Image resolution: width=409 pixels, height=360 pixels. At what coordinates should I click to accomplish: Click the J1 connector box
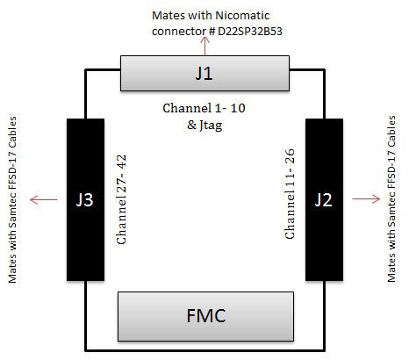tap(204, 73)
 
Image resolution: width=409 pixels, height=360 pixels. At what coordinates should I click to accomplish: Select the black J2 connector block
tap(324, 200)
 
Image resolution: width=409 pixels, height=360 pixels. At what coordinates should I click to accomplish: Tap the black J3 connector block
tap(85, 200)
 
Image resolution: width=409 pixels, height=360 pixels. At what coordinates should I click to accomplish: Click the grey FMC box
tap(205, 316)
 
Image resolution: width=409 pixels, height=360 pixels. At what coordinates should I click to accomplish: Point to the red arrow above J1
tap(205, 47)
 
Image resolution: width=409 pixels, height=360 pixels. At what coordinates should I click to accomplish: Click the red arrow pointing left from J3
tap(44, 200)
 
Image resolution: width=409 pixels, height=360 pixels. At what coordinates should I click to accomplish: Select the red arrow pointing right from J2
tap(366, 199)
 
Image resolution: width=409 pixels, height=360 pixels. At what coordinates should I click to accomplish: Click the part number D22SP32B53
tap(250, 32)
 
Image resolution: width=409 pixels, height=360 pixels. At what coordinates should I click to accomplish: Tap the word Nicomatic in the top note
tap(242, 16)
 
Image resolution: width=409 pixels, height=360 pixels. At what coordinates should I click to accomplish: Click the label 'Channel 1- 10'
tap(204, 108)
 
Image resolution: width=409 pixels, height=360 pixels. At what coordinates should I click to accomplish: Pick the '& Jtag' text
tap(204, 126)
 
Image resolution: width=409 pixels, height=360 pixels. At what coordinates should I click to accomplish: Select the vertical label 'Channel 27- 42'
tap(121, 199)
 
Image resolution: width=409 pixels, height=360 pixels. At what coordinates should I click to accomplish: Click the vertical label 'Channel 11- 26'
tap(290, 194)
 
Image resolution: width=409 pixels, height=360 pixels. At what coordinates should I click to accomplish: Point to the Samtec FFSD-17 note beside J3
tap(12, 200)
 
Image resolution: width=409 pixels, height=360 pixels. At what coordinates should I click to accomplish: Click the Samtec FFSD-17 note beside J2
tap(391, 199)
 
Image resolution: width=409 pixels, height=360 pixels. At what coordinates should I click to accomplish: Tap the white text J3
tap(84, 200)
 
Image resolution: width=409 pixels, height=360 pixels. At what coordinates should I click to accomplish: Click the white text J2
tap(323, 200)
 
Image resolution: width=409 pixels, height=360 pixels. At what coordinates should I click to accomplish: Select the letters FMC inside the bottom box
tap(206, 316)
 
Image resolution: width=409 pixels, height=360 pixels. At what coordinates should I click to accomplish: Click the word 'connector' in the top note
tap(179, 32)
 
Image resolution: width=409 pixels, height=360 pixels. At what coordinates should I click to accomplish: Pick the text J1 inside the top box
tap(204, 73)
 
